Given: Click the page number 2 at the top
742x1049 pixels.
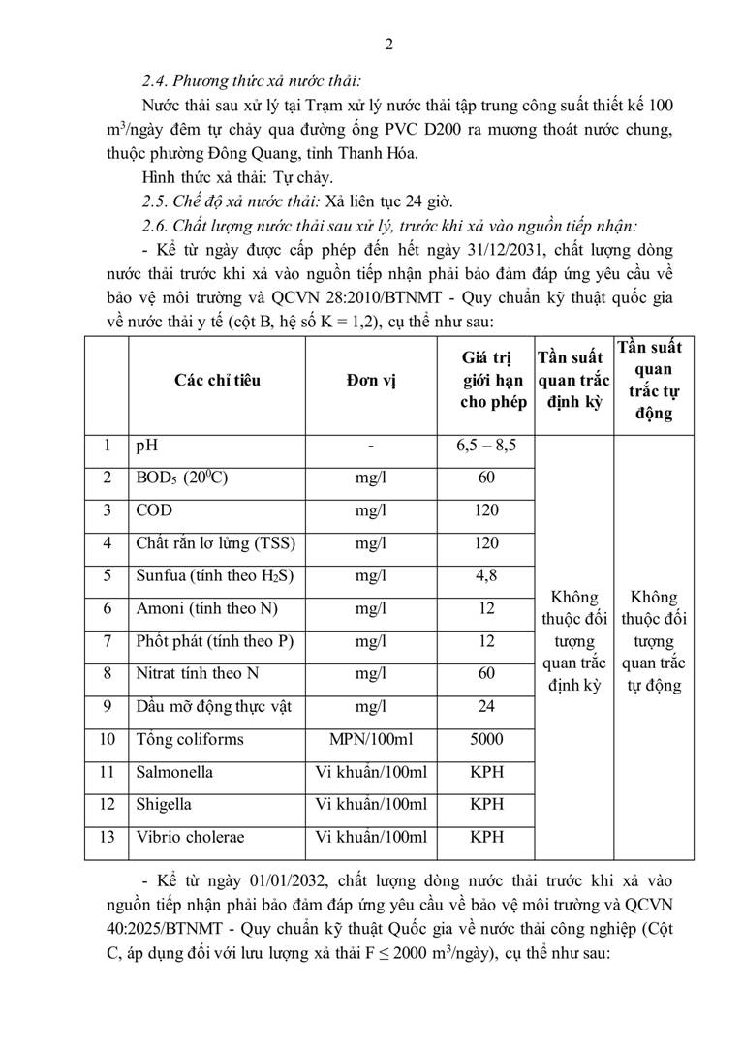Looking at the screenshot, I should point(388,44).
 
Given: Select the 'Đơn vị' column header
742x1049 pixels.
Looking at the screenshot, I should point(370,381).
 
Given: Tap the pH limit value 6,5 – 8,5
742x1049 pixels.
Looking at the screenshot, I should point(486,447).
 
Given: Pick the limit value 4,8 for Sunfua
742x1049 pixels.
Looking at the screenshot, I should point(486,576).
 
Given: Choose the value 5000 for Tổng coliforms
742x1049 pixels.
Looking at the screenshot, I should point(486,739).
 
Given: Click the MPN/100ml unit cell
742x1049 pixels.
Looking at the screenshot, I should point(370,739).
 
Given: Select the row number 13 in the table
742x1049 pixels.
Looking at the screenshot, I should point(107,837).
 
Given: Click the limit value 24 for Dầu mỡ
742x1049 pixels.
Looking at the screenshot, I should point(486,706).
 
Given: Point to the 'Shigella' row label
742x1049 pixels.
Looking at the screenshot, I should point(164,804).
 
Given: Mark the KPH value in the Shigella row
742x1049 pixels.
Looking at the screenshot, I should point(486,804).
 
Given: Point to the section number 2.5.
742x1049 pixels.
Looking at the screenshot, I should point(155,201).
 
